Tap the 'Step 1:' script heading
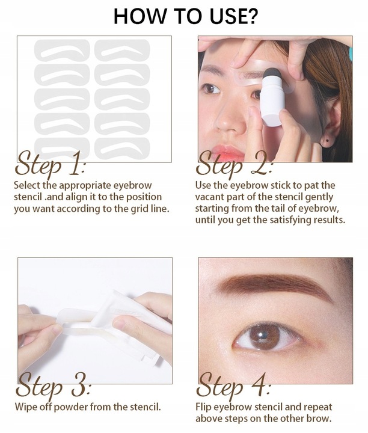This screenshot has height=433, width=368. click(51, 164)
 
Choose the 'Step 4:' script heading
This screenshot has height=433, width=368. click(234, 385)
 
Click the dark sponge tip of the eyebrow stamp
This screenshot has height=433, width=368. click(272, 75)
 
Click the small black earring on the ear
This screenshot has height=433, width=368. click(327, 141)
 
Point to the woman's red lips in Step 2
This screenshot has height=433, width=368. click(228, 153)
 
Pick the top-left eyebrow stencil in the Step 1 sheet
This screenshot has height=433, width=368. click(62, 51)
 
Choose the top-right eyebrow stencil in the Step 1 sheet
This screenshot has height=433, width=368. click(122, 51)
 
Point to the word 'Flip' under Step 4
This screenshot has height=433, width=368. click(203, 407)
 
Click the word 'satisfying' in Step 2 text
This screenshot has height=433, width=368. click(291, 220)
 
